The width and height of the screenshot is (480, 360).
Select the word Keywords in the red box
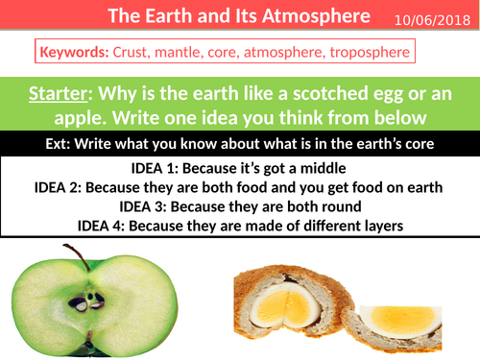pyautogui.click(x=74, y=50)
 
